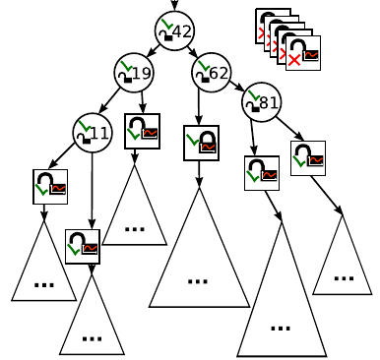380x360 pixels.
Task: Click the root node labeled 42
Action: point(174,31)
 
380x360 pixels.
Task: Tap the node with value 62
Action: point(211,72)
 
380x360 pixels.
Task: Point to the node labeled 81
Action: point(260,101)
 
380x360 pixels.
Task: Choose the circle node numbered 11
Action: point(93,130)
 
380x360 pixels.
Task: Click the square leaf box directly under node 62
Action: point(201,143)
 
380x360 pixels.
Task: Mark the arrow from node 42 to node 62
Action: point(193,51)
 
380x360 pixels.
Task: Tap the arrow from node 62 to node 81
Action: point(236,87)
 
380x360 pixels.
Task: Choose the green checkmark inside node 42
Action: point(165,29)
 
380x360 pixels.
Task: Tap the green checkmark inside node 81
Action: point(250,97)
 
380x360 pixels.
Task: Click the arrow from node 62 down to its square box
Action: point(204,106)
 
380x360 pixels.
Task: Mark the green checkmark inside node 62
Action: point(201,68)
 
